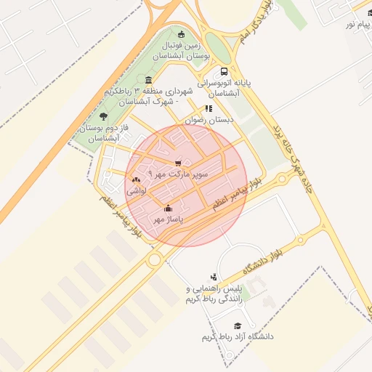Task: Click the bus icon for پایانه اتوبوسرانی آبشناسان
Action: [223, 72]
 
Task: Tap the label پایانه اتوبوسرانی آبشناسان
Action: [225, 89]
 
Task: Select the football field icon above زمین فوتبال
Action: [181, 34]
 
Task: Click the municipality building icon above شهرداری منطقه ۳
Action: [149, 80]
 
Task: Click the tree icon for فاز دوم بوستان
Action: [103, 116]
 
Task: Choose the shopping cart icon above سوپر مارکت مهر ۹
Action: [178, 163]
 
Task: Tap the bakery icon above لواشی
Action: [137, 179]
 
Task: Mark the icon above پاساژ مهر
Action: [169, 209]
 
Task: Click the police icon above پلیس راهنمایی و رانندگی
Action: [213, 276]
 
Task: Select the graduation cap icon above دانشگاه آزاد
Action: [238, 325]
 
